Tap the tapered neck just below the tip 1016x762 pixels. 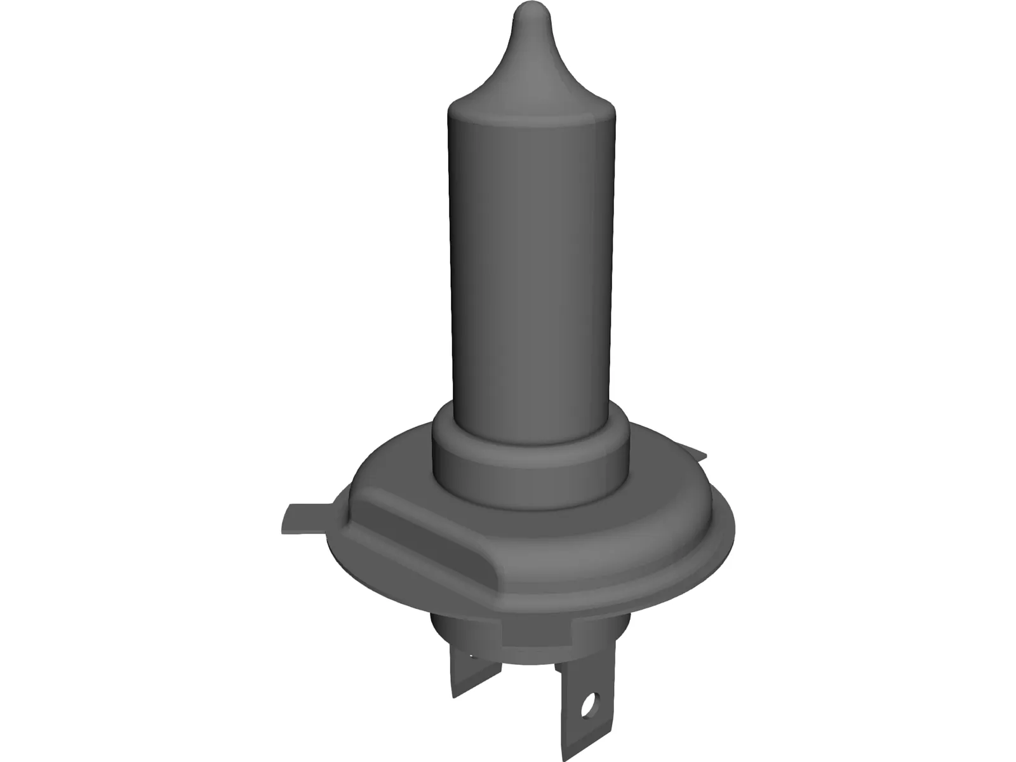click(530, 57)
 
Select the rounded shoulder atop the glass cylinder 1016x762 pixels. click(531, 105)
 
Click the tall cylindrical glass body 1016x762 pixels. click(531, 254)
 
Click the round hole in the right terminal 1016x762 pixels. click(589, 702)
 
